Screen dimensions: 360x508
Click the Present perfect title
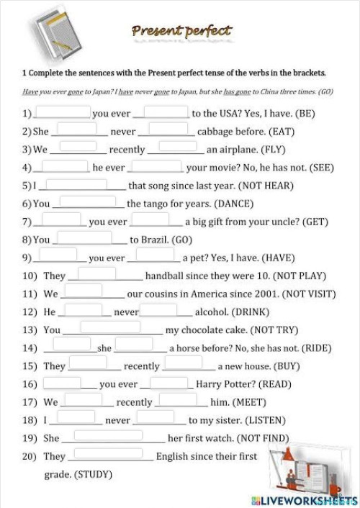pos(181,30)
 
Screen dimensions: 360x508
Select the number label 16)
pos(29,384)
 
